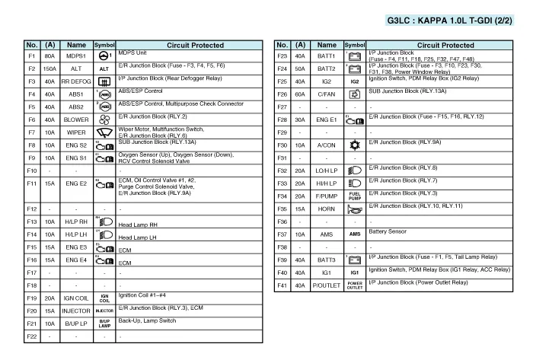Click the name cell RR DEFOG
click(76, 81)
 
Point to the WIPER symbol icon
click(104, 132)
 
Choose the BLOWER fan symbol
click(104, 119)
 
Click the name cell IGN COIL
click(76, 298)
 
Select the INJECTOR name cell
click(76, 311)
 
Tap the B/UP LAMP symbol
click(104, 323)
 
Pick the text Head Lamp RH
click(138, 225)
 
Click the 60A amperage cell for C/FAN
click(301, 94)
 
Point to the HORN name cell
click(327, 209)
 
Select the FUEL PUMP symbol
click(355, 196)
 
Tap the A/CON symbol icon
click(355, 145)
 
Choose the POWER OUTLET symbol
click(355, 285)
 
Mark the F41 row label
click(282, 285)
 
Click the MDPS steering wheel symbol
click(104, 56)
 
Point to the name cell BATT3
click(327, 260)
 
